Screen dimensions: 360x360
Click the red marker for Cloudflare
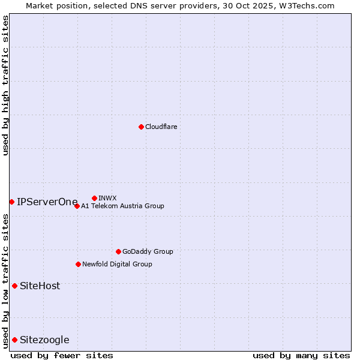pos(141,127)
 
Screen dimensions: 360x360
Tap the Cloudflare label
pos(161,127)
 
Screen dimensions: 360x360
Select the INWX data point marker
pos(94,198)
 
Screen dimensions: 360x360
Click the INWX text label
pos(107,198)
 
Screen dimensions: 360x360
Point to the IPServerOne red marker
pos(11,202)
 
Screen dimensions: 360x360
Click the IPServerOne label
pos(47,202)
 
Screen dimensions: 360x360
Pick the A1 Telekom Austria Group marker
pos(77,206)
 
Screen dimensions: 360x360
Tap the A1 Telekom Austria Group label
pos(122,206)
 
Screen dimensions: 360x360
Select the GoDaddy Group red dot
pos(118,251)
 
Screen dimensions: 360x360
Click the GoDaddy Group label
pos(148,251)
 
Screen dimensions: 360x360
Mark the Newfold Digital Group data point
pos(78,264)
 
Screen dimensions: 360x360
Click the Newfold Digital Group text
pos(117,264)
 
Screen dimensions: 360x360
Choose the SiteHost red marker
pos(14,286)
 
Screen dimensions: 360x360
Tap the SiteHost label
pos(40,286)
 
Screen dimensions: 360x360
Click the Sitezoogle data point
pos(14,340)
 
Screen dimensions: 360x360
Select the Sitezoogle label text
pos(44,340)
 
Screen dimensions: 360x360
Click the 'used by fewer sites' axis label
pos(62,355)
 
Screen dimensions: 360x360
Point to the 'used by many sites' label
pos(301,355)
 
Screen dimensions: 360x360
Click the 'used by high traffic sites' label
pos(5,85)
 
